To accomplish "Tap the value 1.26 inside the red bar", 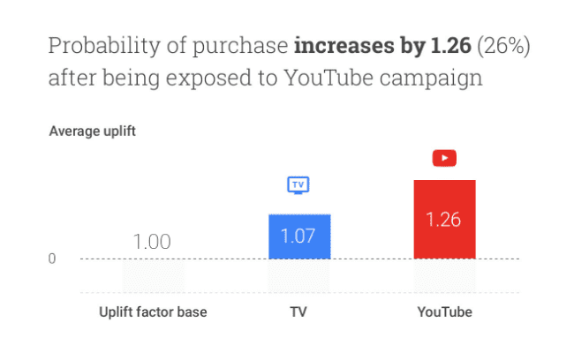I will click(444, 220).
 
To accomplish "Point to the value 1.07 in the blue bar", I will click(298, 236).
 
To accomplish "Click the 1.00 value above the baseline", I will click(152, 241).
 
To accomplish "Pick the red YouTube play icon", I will click(444, 159).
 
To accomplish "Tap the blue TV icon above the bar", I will click(298, 185).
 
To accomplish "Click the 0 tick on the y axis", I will click(52, 259).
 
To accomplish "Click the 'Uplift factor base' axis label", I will click(153, 312).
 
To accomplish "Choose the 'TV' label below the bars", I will click(298, 312).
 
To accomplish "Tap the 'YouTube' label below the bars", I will click(444, 312).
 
